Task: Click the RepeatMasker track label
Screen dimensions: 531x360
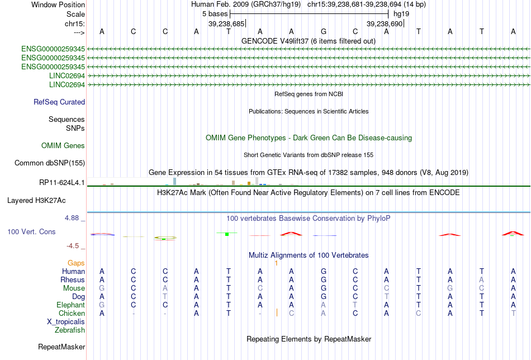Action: (61, 347)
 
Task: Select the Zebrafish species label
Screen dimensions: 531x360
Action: (70, 330)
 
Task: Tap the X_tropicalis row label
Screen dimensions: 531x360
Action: (66, 322)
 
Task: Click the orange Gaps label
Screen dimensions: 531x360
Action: (76, 263)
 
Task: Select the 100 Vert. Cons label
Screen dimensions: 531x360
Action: (31, 231)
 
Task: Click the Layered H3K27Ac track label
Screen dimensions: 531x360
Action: (36, 201)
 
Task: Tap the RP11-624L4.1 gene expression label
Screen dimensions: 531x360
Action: (62, 183)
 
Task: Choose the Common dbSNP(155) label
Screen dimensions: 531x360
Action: (50, 163)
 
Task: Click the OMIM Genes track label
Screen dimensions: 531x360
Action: (63, 146)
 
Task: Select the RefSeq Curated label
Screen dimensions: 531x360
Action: (59, 102)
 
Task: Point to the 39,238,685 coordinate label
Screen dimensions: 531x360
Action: (226, 23)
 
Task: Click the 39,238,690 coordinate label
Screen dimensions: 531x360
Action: (385, 23)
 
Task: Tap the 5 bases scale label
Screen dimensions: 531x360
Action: (215, 14)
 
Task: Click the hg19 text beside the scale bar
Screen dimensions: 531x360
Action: (401, 14)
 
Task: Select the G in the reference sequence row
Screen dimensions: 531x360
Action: (324, 31)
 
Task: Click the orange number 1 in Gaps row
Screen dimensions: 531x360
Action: (276, 263)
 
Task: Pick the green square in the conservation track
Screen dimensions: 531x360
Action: (227, 234)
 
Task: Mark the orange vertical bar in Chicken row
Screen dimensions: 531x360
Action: (277, 312)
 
